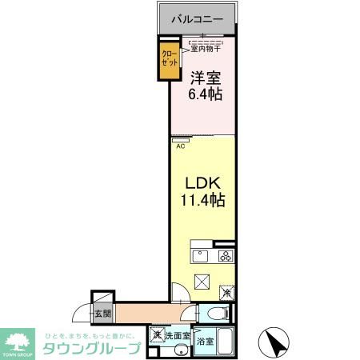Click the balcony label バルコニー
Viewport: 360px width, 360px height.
coord(196,18)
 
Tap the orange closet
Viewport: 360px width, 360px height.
coord(168,62)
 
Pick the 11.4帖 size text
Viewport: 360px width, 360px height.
coord(202,201)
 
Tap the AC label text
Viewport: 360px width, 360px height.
coord(180,146)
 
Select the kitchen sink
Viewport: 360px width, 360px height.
coord(200,256)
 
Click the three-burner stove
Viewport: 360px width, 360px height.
coord(226,256)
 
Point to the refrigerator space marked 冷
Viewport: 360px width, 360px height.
coord(227,293)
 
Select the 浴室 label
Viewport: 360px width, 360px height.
coord(206,341)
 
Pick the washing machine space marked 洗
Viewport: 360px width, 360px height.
coord(158,334)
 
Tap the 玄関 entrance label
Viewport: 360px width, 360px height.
coord(103,314)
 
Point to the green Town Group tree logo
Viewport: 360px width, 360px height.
coord(18,341)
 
